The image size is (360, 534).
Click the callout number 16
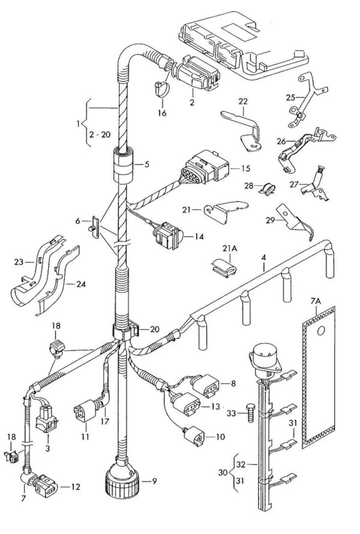pos(162,113)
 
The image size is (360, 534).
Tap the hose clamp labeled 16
pos(161,89)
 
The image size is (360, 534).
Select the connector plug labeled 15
pos(205,167)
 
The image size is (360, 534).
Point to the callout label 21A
pos(230,249)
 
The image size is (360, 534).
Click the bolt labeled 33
pos(251,413)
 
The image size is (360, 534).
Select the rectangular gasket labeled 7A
pos(319,378)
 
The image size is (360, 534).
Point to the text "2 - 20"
pos(100,134)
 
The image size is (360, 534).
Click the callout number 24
pos(81,284)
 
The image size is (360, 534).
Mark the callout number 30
pos(223,473)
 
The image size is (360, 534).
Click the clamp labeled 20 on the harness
pos(125,329)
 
